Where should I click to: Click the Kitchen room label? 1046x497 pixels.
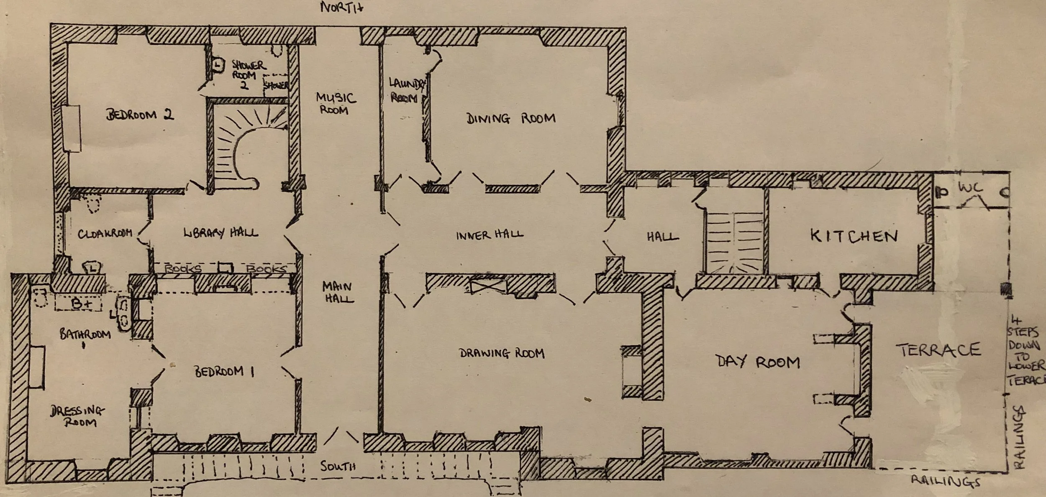coord(854,236)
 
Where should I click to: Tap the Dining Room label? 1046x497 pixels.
coord(511,119)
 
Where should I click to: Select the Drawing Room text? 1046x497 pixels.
coord(502,354)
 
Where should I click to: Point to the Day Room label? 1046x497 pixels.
coord(758,362)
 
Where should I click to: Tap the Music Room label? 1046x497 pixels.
coord(336,104)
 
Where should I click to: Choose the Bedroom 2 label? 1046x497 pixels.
coord(140,115)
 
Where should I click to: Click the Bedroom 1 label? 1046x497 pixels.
coord(224,372)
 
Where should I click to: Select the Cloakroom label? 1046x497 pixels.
coord(105,234)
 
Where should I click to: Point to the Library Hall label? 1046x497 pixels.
coord(220,232)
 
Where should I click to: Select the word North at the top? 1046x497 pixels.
coord(341,8)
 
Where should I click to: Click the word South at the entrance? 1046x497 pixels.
coord(338,466)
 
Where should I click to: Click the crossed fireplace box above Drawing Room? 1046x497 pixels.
coord(488,287)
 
